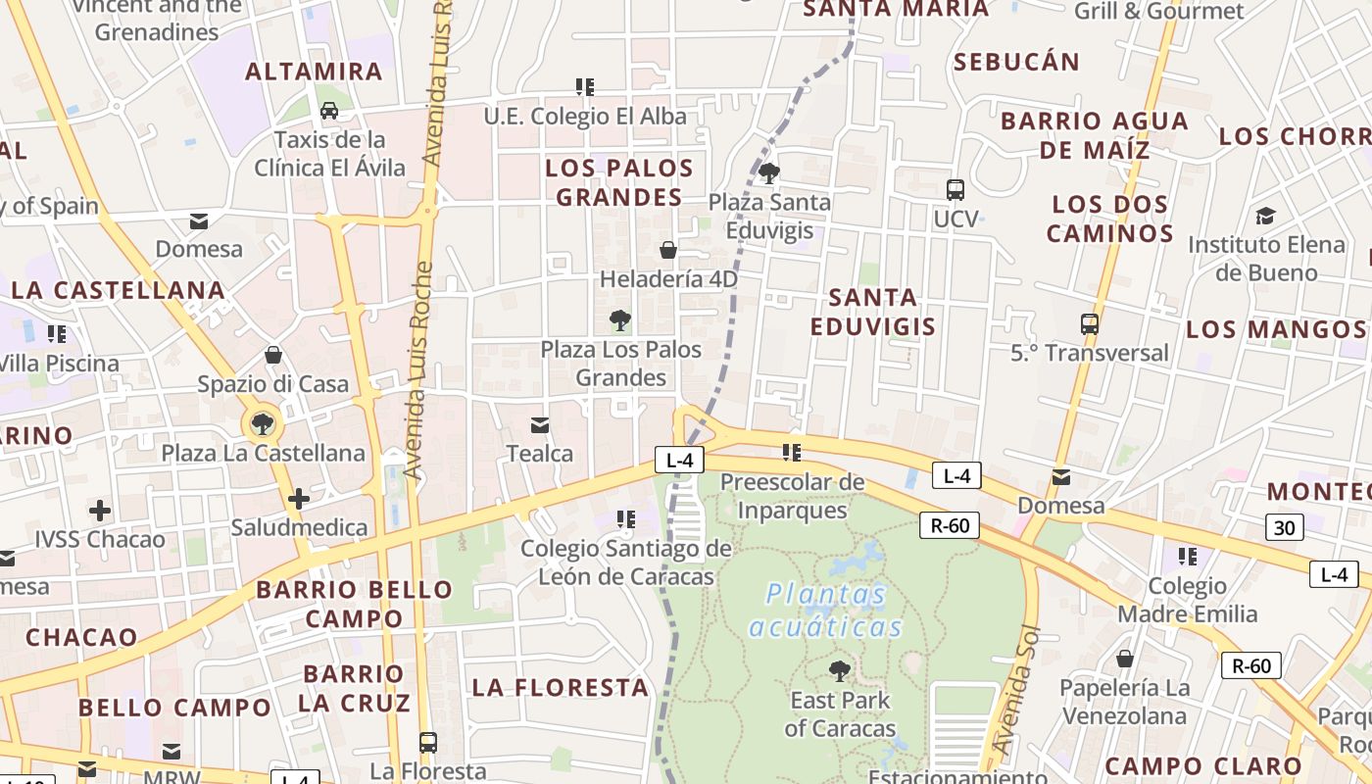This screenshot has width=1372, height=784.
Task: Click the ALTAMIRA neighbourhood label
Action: coord(314,72)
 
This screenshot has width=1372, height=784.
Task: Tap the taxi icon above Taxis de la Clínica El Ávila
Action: coord(329,111)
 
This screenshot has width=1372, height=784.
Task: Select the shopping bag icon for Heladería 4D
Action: coord(668,250)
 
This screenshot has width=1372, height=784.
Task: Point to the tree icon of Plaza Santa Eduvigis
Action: coord(769,173)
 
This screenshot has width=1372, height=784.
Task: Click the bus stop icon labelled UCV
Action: coord(955,190)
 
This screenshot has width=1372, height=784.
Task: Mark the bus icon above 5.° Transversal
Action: coord(1089,323)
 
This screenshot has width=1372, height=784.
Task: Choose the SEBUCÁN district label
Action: coord(1016,62)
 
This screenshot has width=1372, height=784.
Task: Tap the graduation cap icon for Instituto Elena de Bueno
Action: coord(1266,216)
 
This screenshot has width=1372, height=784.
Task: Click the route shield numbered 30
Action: coord(1284,528)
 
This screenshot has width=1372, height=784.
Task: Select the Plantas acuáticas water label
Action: coord(826,610)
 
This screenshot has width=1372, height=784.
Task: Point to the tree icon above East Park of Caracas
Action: coord(840,671)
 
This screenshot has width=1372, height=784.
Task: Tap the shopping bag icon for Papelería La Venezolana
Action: coord(1125,659)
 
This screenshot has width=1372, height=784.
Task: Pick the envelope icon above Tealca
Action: coord(539,424)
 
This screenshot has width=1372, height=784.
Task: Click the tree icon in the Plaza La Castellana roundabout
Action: coord(262,423)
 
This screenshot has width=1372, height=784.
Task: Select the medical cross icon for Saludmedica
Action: coord(299,499)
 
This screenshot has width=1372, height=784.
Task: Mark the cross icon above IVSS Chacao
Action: coord(100,510)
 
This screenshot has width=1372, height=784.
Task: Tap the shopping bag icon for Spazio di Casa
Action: coord(273,355)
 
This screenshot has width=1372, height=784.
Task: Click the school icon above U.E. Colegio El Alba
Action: coord(585,87)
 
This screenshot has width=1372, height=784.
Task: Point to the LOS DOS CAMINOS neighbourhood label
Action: coord(1109,219)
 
